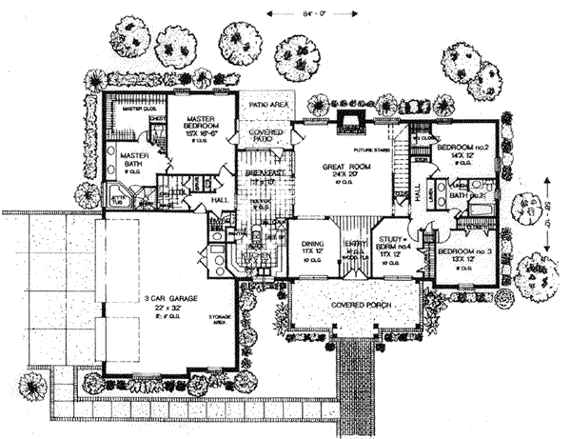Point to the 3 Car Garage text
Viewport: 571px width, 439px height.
(170, 299)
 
